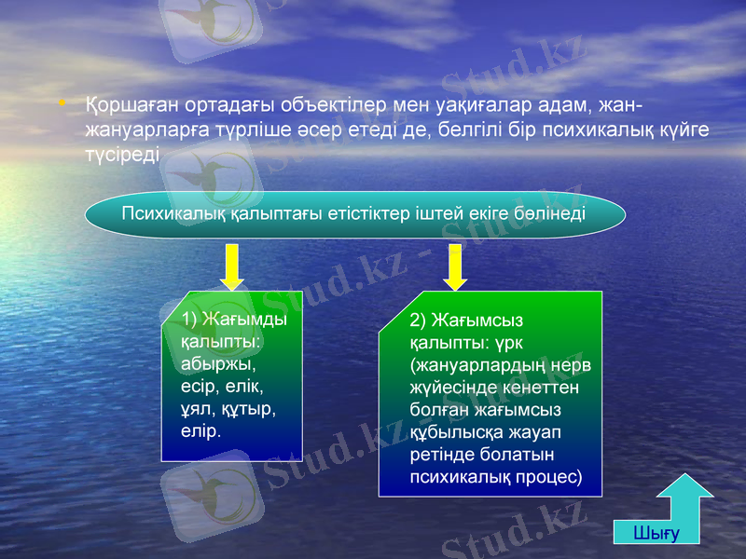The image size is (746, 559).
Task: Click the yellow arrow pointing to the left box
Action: tap(232, 267)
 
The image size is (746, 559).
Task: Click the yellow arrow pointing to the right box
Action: tap(455, 267)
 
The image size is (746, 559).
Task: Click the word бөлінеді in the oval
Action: tap(550, 213)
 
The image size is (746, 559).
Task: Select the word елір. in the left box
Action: tap(202, 430)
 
